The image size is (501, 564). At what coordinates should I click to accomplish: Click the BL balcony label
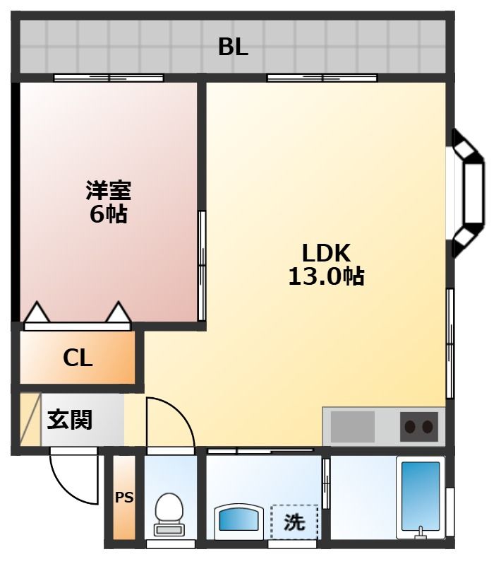coord(233,47)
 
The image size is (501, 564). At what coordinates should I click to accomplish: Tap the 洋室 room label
coord(109,190)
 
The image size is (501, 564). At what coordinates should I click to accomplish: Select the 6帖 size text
coord(109,214)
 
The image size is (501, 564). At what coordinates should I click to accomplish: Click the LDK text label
coord(326,253)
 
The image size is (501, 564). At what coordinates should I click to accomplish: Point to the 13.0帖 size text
coord(326,276)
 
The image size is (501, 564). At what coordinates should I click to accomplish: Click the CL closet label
coord(78,358)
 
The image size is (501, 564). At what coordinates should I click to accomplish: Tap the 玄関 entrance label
coord(70,419)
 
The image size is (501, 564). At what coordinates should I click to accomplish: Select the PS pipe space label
coord(124,498)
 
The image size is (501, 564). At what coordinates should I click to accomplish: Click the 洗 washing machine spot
coord(294,522)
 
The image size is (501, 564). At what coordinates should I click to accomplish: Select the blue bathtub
coord(421,497)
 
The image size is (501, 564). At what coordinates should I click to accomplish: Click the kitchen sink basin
coord(352,427)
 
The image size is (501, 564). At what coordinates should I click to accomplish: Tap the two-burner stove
coord(418,427)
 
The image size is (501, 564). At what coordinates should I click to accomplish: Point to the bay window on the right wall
coord(467,194)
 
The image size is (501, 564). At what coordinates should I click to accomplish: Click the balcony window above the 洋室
coord(109,78)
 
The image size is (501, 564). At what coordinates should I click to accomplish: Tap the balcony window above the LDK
coord(322,78)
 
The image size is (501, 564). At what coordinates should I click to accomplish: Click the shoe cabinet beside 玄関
coord(30,419)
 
